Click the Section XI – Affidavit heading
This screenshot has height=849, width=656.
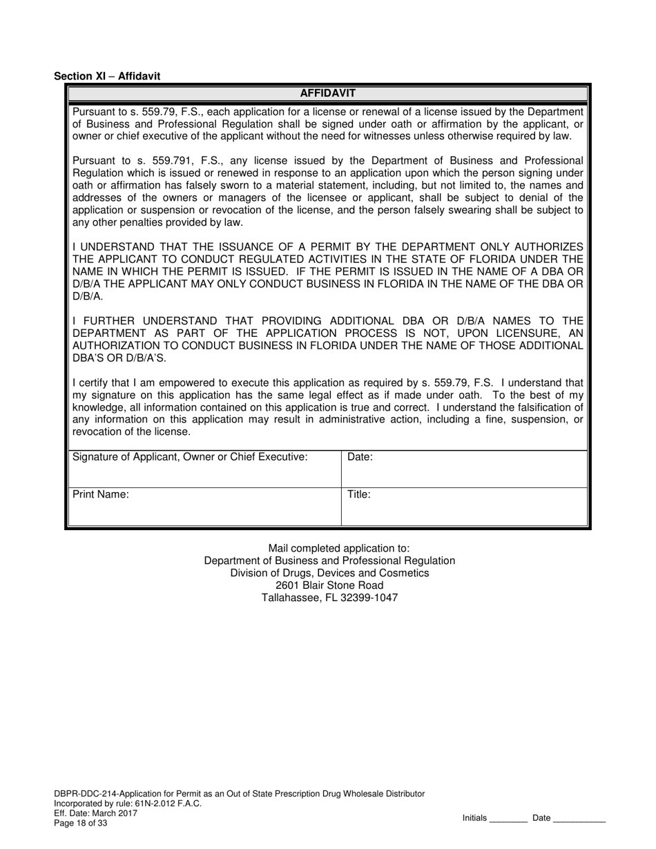(x=107, y=77)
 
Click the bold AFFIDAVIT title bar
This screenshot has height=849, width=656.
(x=327, y=93)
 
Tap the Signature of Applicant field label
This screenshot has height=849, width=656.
(x=190, y=457)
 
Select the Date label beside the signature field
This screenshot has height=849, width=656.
(x=360, y=457)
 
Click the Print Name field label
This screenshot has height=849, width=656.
(x=101, y=495)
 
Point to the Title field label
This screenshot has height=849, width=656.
(x=359, y=495)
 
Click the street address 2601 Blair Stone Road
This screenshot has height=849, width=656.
(x=329, y=585)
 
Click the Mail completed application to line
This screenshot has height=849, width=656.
(x=329, y=548)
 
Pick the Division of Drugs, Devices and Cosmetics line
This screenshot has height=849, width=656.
(x=329, y=573)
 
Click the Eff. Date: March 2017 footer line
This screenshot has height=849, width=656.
(x=95, y=813)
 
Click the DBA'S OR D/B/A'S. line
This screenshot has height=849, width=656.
(x=119, y=358)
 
